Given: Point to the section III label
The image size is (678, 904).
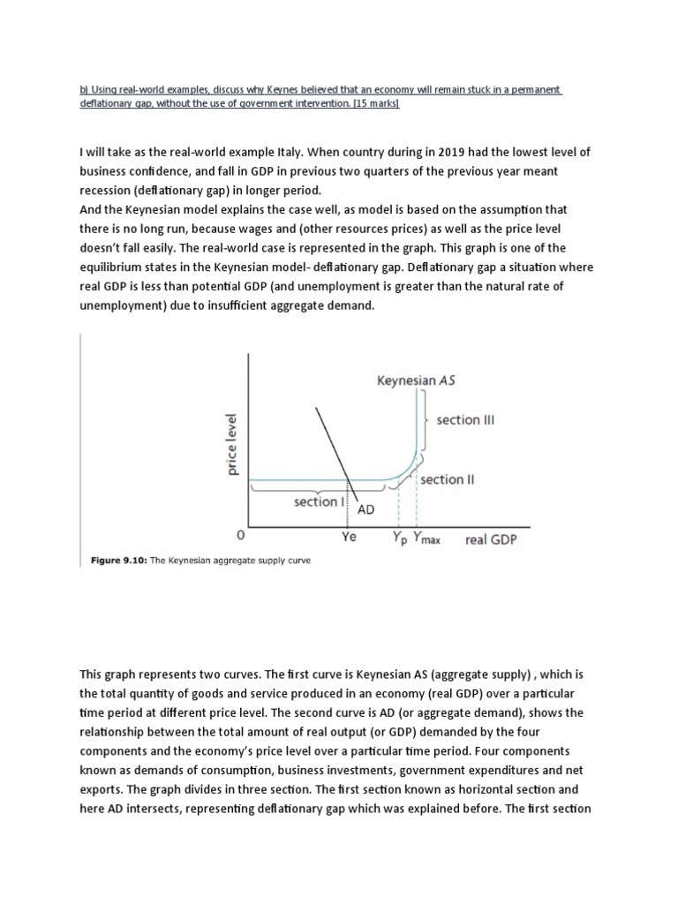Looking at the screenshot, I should (465, 420).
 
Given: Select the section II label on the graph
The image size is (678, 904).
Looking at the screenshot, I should (448, 479).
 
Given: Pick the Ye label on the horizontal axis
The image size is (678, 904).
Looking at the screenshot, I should (350, 536).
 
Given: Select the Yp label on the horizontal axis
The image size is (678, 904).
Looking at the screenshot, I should (399, 537).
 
